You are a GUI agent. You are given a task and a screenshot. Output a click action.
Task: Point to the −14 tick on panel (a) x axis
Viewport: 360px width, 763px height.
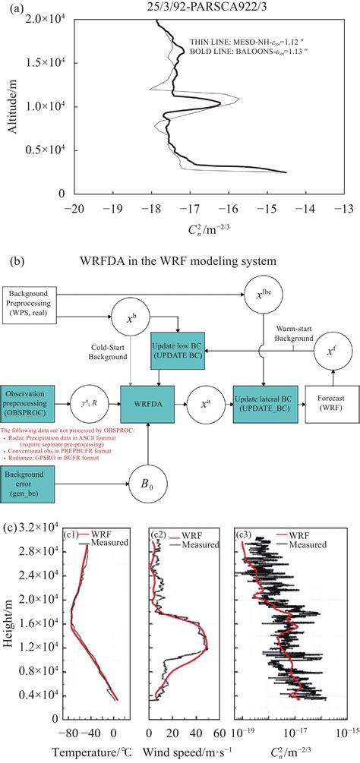pos(306,207)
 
